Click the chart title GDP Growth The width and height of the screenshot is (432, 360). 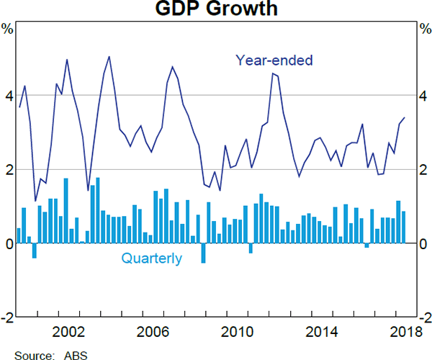(x=216, y=10)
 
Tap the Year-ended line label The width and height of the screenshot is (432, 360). (x=274, y=60)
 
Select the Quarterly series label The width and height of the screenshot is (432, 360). (x=152, y=258)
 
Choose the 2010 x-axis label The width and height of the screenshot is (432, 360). (x=238, y=332)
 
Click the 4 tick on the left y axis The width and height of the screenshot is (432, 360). (x=9, y=96)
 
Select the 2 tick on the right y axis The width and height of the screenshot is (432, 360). (x=423, y=170)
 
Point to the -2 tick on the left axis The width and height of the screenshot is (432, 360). (x=7, y=318)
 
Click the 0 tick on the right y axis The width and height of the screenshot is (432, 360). (x=423, y=243)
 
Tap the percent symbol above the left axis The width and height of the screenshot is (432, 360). (x=7, y=30)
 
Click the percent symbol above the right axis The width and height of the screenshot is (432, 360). (x=425, y=30)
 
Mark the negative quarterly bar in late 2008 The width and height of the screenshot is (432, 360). (x=203, y=253)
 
